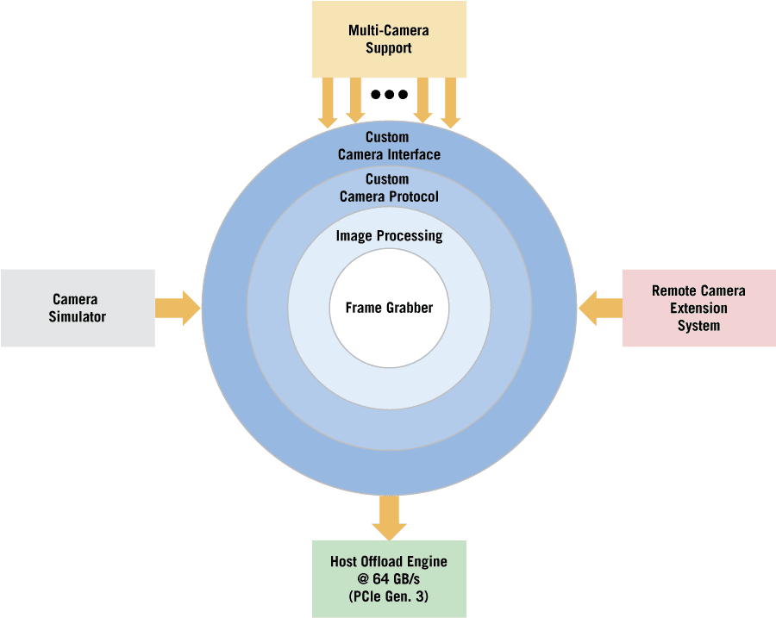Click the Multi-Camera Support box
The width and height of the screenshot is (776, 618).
pos(388,39)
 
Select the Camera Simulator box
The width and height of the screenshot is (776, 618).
pos(78,308)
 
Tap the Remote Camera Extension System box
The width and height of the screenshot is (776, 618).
pos(698,308)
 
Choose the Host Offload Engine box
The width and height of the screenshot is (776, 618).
pos(389,578)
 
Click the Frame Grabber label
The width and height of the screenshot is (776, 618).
pos(389,308)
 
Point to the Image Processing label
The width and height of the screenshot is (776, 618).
pos(389,236)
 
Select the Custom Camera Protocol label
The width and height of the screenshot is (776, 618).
pos(389,188)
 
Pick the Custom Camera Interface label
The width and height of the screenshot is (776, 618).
pos(389,146)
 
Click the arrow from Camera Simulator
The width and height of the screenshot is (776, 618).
pos(178,308)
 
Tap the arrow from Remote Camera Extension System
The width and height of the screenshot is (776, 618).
pos(600,308)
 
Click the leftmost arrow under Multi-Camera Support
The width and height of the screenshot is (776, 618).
pos(328,103)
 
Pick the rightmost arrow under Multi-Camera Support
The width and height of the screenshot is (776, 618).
pos(450,103)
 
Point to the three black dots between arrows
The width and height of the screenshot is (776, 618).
pos(389,94)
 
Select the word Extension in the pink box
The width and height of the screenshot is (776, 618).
pos(698,308)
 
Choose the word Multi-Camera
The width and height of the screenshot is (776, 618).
pos(388,31)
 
